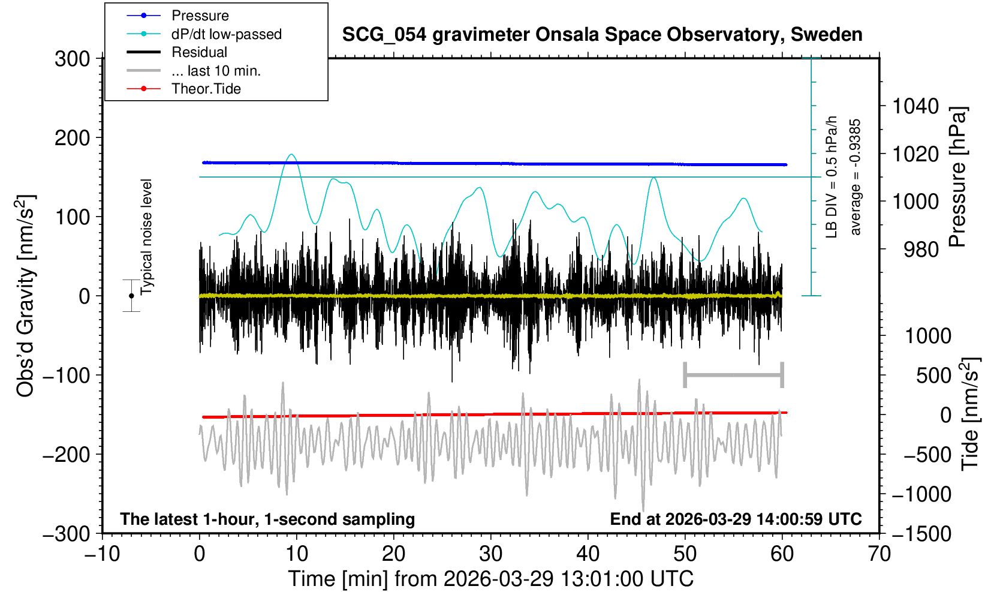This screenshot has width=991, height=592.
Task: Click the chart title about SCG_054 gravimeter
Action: tap(602, 35)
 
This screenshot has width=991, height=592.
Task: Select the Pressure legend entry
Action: tap(200, 16)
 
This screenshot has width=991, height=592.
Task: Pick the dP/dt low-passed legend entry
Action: tap(226, 34)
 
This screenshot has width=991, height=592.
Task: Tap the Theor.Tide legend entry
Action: tap(206, 89)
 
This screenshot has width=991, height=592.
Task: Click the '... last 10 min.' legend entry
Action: tap(215, 71)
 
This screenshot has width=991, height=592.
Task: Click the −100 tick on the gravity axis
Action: tap(66, 375)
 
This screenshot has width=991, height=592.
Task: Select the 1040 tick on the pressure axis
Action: tap(915, 107)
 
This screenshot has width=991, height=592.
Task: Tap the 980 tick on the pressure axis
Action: tap(921, 249)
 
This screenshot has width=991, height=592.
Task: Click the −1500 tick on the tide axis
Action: tap(921, 533)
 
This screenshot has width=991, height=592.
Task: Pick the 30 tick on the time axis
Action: tap(490, 553)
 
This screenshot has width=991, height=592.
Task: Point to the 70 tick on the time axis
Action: tap(879, 553)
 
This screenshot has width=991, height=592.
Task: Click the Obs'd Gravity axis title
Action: tap(26, 296)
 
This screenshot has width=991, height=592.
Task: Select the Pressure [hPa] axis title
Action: tap(958, 177)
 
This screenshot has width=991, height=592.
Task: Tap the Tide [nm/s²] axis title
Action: tap(970, 414)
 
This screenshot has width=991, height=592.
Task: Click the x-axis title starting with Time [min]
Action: tap(490, 579)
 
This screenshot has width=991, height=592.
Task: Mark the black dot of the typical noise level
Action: tap(131, 296)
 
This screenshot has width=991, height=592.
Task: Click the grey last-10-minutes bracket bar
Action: tap(733, 375)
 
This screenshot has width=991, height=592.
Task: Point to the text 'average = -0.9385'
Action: tap(856, 177)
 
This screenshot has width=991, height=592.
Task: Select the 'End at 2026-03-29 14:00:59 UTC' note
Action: tap(736, 519)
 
